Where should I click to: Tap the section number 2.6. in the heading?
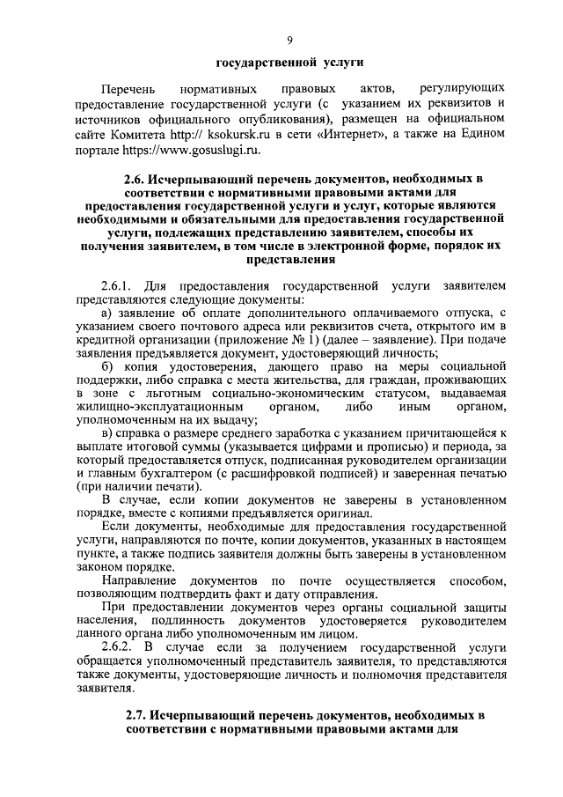point(138,181)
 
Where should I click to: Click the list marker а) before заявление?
point(107,313)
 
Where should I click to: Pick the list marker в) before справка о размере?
point(107,432)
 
